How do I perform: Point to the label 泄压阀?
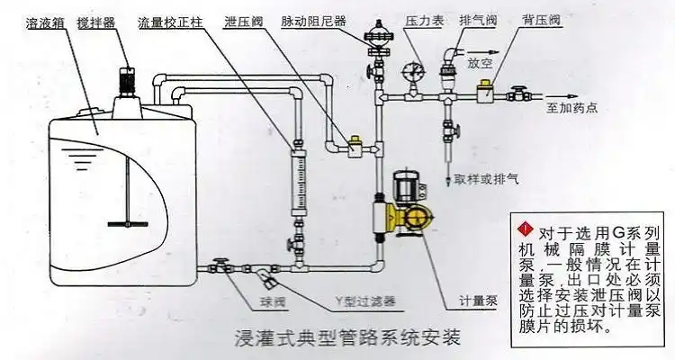(242, 19)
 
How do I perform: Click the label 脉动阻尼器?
(312, 19)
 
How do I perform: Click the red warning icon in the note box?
(525, 224)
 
